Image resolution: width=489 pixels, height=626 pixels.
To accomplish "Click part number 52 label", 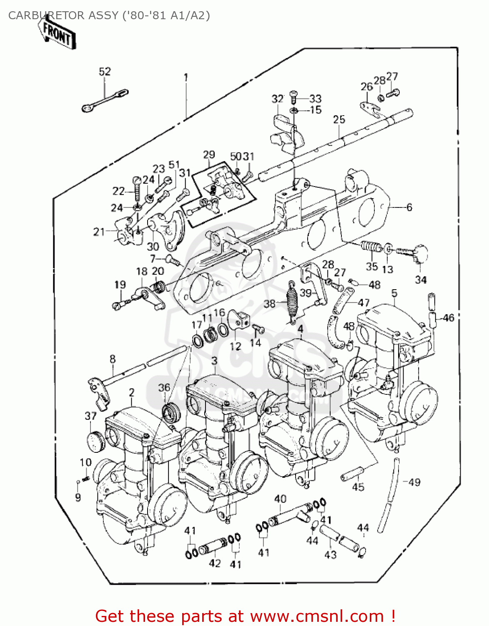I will point(105,71).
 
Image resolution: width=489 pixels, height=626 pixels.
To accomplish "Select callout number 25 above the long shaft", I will point(339,120).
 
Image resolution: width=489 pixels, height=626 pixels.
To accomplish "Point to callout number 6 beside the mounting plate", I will point(409,207).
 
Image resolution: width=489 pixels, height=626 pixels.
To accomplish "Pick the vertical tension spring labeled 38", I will point(292,301).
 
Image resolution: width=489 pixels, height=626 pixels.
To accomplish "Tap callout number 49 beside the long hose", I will point(414,482).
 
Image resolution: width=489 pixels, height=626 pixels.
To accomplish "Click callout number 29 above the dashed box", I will point(209,155).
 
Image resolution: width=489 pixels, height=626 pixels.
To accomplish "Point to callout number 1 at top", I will point(186,78).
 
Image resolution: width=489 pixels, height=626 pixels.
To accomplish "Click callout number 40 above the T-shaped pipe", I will point(280,499).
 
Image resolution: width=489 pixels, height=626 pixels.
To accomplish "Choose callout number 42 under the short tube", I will point(214,563).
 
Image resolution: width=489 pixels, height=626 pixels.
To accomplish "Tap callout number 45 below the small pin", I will point(358,487).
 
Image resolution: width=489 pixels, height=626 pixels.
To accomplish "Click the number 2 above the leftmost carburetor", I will point(132,392).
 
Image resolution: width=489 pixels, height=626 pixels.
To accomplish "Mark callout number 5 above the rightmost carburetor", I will point(394,293).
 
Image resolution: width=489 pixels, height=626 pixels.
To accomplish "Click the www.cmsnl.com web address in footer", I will point(317,616).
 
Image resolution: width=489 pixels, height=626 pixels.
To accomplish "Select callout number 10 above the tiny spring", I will point(85,462).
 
